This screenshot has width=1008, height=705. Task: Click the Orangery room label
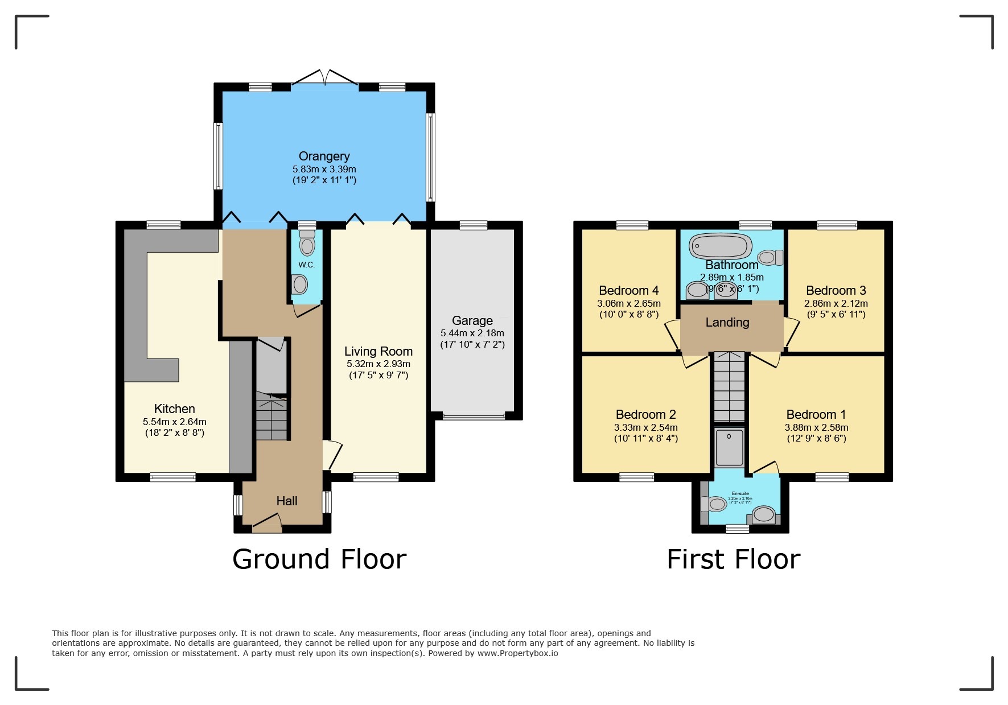(x=324, y=156)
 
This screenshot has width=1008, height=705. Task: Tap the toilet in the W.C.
(x=307, y=245)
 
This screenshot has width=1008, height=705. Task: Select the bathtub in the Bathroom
(x=719, y=246)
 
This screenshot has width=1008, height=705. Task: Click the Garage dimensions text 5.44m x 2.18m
(x=472, y=333)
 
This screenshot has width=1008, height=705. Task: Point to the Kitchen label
(x=175, y=409)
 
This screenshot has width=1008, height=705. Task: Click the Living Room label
(x=378, y=352)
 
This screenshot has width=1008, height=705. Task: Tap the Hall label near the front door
(x=287, y=501)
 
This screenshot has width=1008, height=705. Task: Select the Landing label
(x=727, y=323)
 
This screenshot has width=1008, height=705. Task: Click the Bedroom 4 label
(x=628, y=291)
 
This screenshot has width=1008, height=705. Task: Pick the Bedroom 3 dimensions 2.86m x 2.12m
(x=836, y=304)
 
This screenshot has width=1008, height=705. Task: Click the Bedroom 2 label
(x=645, y=415)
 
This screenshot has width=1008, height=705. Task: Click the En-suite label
(x=740, y=493)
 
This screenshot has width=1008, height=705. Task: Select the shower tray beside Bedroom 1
(x=729, y=447)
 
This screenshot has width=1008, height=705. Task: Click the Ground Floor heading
(x=319, y=559)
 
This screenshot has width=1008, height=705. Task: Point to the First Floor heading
(x=733, y=559)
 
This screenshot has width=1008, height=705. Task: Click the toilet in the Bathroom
(x=770, y=258)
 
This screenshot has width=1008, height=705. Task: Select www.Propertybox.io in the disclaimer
(x=517, y=653)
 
